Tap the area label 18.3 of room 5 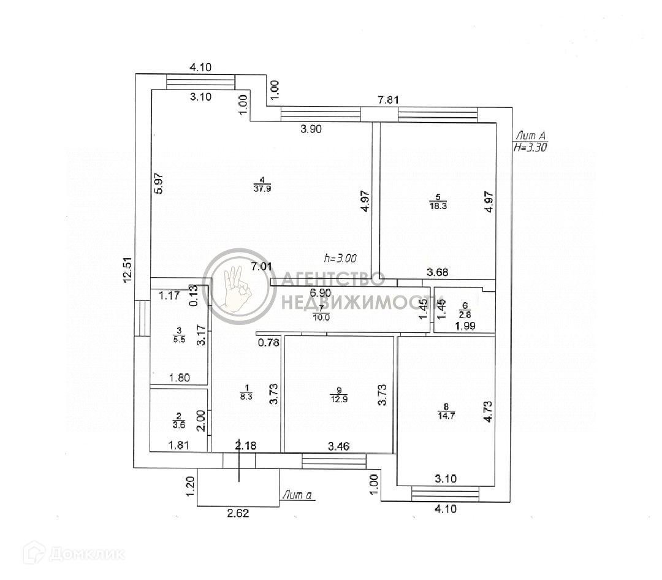pyautogui.click(x=438, y=207)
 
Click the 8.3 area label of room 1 pyautogui.click(x=248, y=397)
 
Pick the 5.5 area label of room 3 pyautogui.click(x=179, y=339)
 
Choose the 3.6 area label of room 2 pyautogui.click(x=179, y=424)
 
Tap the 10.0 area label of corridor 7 pyautogui.click(x=321, y=317)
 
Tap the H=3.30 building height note pyautogui.click(x=531, y=147)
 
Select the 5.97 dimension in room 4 pyautogui.click(x=159, y=182)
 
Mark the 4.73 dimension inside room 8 pyautogui.click(x=488, y=411)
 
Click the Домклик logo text pyautogui.click(x=86, y=554)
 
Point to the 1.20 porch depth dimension pyautogui.click(x=190, y=486)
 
